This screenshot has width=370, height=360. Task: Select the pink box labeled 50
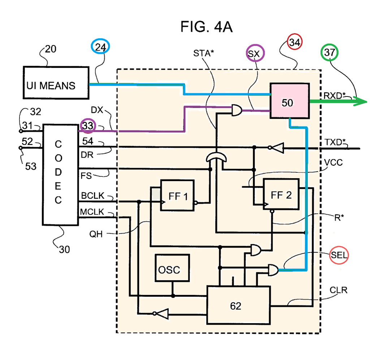(289, 100)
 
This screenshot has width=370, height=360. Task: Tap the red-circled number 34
(295, 42)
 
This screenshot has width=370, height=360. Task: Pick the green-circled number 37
(330, 52)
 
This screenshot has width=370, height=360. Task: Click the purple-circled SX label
(255, 53)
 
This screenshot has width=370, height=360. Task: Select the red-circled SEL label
(339, 255)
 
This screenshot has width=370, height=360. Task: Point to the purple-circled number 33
(88, 125)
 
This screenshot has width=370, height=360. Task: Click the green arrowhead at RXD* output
(361, 102)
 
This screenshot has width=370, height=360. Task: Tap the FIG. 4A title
(206, 26)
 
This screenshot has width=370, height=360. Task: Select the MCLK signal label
(92, 212)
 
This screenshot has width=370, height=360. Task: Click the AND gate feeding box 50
(237, 110)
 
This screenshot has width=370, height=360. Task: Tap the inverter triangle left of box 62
(161, 314)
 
